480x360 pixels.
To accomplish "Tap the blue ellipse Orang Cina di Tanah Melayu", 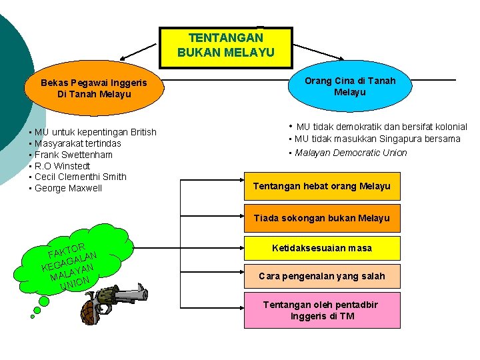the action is click(x=350, y=86).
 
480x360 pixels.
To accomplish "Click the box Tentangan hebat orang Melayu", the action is click(x=322, y=186).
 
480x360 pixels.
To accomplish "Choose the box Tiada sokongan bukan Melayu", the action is click(x=322, y=218).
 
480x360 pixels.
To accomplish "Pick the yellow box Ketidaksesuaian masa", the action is click(x=322, y=249).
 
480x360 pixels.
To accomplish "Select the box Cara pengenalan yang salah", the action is click(x=322, y=275).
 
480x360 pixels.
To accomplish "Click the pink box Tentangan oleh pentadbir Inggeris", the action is click(x=322, y=310).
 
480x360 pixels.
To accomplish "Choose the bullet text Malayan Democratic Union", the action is click(x=351, y=153).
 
